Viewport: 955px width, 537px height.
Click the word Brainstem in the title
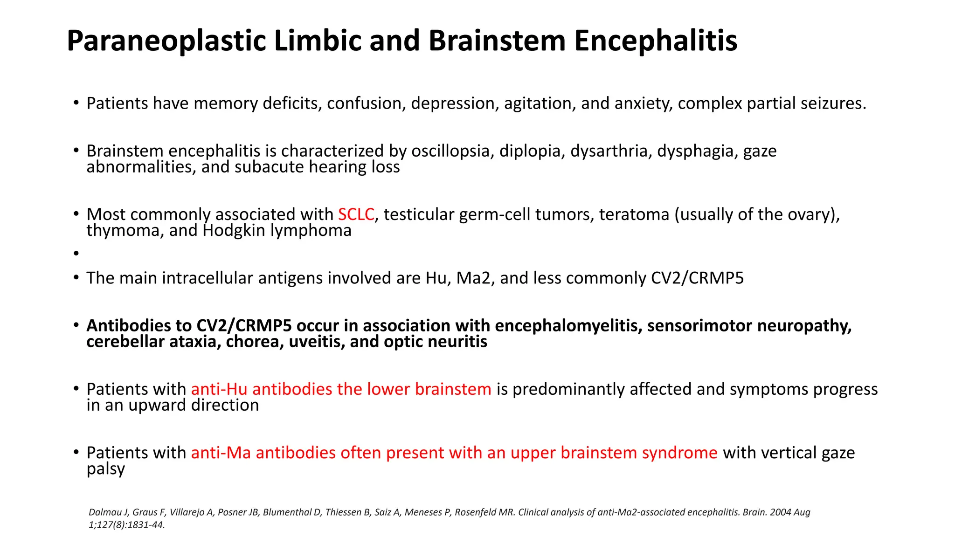pyautogui.click(x=497, y=41)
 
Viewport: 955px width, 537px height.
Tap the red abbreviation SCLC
pyautogui.click(x=356, y=214)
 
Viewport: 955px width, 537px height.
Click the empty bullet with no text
pyautogui.click(x=76, y=254)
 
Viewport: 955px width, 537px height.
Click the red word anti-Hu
pyautogui.click(x=219, y=389)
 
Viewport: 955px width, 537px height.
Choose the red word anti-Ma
pyautogui.click(x=221, y=453)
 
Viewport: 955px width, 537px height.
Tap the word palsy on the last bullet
pyautogui.click(x=105, y=469)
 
